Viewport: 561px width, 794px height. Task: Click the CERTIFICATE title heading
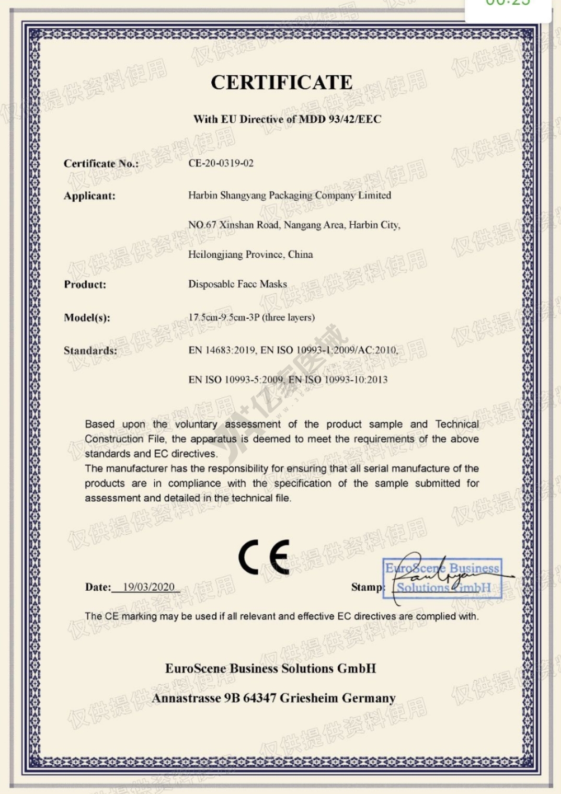[x=281, y=83]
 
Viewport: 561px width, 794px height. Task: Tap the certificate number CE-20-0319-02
[x=221, y=163]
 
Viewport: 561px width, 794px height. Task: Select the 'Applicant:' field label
[x=89, y=196]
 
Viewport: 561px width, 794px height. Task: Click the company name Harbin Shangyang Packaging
[x=289, y=195]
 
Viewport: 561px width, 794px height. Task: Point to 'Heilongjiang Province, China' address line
[x=250, y=255]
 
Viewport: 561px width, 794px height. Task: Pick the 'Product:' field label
[x=85, y=284]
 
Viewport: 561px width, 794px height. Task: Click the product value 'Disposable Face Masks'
[x=237, y=284]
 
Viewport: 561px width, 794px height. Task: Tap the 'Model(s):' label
[x=87, y=318]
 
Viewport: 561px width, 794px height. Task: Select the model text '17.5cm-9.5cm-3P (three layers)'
[x=251, y=317]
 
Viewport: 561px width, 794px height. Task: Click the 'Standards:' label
[x=90, y=351]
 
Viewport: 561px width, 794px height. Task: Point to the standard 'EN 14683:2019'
[x=222, y=350]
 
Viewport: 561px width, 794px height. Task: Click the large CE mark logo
[x=264, y=558]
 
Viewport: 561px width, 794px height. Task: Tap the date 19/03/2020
[x=148, y=587]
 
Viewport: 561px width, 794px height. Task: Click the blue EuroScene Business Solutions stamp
[x=443, y=578]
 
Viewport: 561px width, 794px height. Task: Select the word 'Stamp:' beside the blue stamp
[x=367, y=587]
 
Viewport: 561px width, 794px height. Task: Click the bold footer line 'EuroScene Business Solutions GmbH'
[x=270, y=669]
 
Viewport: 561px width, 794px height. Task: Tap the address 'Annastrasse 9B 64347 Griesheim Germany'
[x=273, y=698]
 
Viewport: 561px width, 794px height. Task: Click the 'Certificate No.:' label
[x=101, y=164]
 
